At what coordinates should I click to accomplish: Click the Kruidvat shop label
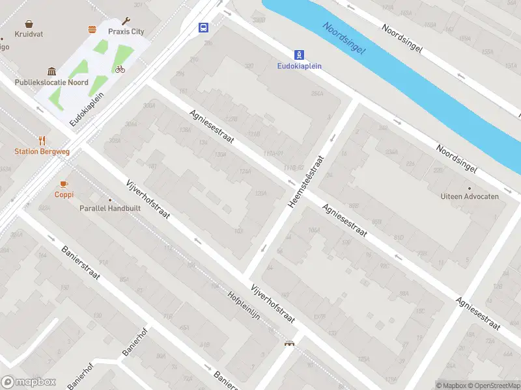point(29,33)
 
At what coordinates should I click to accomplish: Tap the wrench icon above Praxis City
point(126,21)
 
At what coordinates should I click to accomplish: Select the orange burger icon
point(92,29)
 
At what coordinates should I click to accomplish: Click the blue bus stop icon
point(204,27)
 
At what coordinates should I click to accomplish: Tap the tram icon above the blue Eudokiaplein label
point(299,55)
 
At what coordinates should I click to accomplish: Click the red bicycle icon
point(120,69)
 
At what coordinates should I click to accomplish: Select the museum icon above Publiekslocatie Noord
point(51,71)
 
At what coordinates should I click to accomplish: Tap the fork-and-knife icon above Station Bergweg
point(42,140)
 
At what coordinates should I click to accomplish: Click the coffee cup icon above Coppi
point(64,184)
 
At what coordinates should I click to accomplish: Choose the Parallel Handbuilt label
point(109,209)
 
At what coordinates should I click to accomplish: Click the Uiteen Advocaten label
point(470,196)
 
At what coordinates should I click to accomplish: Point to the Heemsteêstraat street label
point(306,181)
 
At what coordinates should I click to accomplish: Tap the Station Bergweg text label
point(42,151)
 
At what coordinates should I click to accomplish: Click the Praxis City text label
point(126,32)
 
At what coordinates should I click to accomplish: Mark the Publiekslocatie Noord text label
point(51,83)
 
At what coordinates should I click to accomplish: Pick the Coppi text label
point(64,194)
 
